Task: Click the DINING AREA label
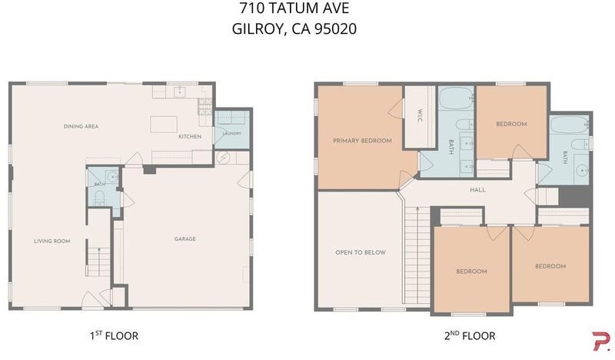click(x=81, y=126)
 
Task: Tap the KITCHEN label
click(x=190, y=137)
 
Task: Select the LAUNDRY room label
click(x=232, y=134)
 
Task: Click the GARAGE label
click(x=185, y=238)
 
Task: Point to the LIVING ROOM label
click(x=52, y=241)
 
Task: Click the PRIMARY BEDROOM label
click(x=362, y=141)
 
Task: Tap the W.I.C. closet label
click(x=420, y=116)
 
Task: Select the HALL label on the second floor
click(x=477, y=190)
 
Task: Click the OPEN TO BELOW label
click(x=361, y=252)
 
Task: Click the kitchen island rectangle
click(x=164, y=124)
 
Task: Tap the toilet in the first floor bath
click(x=100, y=197)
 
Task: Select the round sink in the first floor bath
click(x=112, y=176)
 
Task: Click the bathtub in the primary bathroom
click(x=455, y=98)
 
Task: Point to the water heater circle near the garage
click(x=223, y=158)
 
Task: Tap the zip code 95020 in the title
click(x=336, y=29)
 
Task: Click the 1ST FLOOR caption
click(x=114, y=336)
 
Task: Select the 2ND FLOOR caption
click(x=470, y=336)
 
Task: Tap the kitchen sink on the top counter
click(x=180, y=92)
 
